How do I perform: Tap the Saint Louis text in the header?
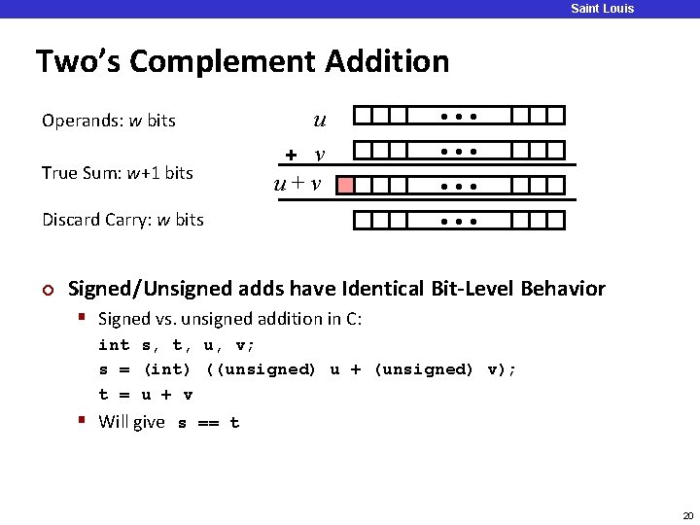coord(602,9)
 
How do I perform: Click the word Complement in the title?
coord(223,62)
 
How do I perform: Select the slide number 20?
coord(688,515)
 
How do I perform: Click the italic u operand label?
coord(320,122)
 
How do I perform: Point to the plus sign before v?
coord(291,156)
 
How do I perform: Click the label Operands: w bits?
coord(109,122)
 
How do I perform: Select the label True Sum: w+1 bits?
coord(117,173)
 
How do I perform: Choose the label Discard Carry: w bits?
coord(122,220)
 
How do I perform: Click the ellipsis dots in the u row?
coord(459,117)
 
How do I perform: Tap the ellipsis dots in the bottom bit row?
coord(459,220)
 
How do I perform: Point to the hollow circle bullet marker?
coord(46,290)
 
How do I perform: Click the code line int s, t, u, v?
coord(177,345)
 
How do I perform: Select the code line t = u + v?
coord(146,395)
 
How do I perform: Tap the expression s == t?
coord(208,423)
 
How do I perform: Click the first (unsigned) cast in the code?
coord(261,369)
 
